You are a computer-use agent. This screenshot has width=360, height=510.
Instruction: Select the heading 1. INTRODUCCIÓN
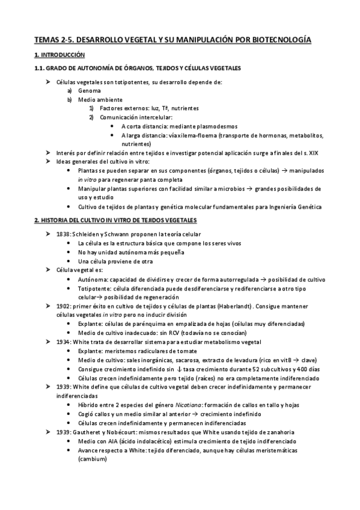pos(56,55)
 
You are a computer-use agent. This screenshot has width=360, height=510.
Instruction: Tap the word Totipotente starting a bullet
pos(94,289)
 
